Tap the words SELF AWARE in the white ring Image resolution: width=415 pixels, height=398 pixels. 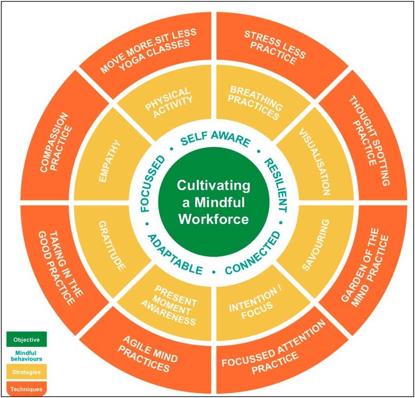(x=215, y=140)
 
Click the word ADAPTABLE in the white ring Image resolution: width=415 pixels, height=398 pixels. (x=175, y=254)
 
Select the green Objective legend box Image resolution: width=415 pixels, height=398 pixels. (x=26, y=340)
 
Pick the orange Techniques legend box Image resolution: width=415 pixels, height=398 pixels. (x=26, y=388)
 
